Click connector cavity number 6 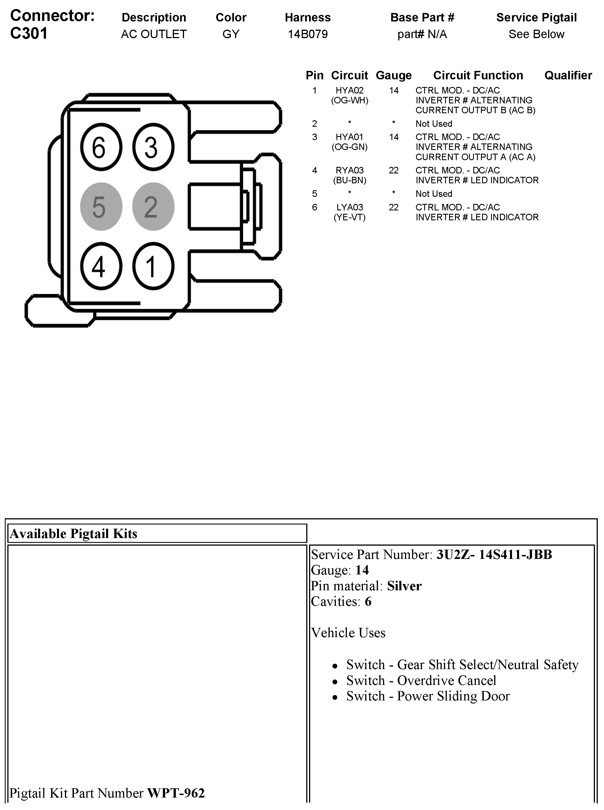[101, 147]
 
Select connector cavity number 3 [153, 147]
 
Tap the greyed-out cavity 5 [101, 207]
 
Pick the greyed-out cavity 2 [153, 207]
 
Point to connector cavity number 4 [101, 266]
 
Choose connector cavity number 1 [153, 266]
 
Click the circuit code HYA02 [349, 90]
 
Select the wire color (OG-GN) [349, 147]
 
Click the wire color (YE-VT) [349, 217]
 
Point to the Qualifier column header [568, 75]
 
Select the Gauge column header [393, 75]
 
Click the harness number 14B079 [307, 34]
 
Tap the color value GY [231, 34]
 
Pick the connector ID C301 [29, 33]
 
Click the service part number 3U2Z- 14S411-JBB [494, 555]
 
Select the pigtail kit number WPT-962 [176, 793]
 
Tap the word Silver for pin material [404, 586]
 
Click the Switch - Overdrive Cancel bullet [421, 680]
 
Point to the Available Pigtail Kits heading [73, 534]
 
